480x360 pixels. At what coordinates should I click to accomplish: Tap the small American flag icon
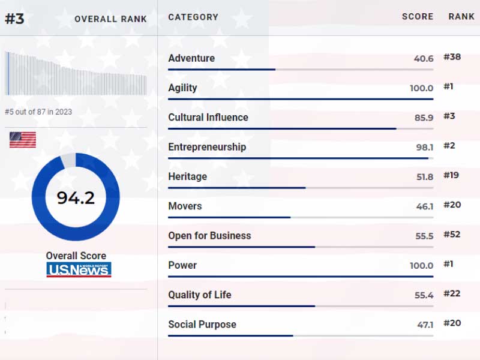tap(22, 140)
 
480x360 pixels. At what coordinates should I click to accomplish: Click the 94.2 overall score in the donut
tap(76, 197)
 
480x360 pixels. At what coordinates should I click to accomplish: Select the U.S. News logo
tap(79, 269)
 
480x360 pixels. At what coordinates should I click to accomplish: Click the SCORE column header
tap(418, 17)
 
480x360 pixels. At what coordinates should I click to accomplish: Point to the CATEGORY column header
tap(193, 17)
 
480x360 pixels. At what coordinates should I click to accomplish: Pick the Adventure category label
tap(191, 58)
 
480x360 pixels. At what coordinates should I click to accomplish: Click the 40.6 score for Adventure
tap(424, 59)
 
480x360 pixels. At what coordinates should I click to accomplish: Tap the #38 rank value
tap(452, 57)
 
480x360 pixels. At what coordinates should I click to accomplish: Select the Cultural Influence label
tap(208, 118)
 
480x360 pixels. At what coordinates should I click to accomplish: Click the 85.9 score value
tap(424, 118)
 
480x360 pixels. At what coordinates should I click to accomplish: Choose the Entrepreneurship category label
tap(207, 147)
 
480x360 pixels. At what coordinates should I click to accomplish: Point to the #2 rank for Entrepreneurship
tap(449, 146)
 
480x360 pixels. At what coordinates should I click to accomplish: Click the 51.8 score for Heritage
tap(424, 177)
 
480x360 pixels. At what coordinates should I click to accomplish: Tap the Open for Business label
tap(209, 236)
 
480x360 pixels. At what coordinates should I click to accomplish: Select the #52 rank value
tap(452, 235)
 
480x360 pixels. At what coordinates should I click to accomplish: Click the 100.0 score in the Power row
tap(421, 266)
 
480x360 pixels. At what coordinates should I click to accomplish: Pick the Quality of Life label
tap(199, 295)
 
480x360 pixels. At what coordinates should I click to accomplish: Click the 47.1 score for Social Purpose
tap(425, 325)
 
